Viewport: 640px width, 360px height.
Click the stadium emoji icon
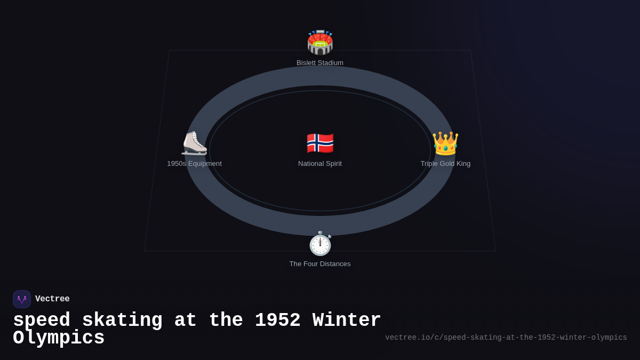pyautogui.click(x=320, y=43)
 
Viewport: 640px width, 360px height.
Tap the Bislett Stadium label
pyautogui.click(x=320, y=63)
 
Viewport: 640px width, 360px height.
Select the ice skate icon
pyautogui.click(x=194, y=143)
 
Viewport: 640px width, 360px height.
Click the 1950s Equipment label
pyautogui.click(x=194, y=164)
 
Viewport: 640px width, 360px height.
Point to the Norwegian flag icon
pyautogui.click(x=320, y=143)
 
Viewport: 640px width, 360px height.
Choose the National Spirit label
pyautogui.click(x=320, y=164)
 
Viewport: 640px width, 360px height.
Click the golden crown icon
pyautogui.click(x=445, y=143)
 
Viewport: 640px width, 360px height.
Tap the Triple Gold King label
pyautogui.click(x=445, y=164)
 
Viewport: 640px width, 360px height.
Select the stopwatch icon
pyautogui.click(x=320, y=244)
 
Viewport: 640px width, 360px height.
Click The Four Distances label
pyautogui.click(x=320, y=264)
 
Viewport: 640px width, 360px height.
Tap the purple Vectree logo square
pyautogui.click(x=22, y=299)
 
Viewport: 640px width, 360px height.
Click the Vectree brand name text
pyautogui.click(x=52, y=299)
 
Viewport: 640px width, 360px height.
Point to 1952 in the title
pyautogui.click(x=277, y=321)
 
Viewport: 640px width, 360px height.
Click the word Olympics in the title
pyautogui.click(x=59, y=338)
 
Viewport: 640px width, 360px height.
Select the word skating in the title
pyautogui.click(x=122, y=321)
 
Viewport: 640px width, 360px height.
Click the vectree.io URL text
pyautogui.click(x=506, y=338)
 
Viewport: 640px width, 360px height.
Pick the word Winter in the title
pyautogui.click(x=347, y=321)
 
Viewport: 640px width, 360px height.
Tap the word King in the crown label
pyautogui.click(x=462, y=164)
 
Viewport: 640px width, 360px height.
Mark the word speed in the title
pyautogui.click(x=42, y=321)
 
